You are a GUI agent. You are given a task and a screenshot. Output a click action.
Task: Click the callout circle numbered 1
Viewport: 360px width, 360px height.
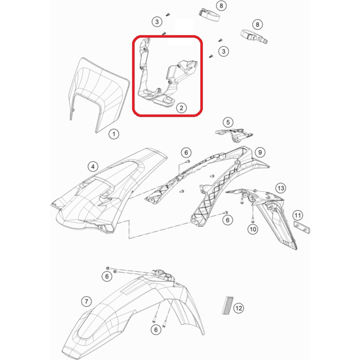click(113, 134)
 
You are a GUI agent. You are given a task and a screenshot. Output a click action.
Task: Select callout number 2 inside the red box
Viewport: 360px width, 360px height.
click(181, 107)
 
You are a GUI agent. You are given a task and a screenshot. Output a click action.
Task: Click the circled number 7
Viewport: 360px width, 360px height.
click(86, 300)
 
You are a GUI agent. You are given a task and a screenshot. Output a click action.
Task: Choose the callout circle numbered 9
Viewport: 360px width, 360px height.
click(260, 152)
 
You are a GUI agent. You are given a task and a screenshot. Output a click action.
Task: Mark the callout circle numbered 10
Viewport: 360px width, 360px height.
click(252, 229)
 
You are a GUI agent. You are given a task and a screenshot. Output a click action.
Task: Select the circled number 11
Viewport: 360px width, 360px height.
click(298, 215)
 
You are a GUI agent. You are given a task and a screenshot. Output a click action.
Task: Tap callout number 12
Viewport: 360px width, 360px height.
click(238, 308)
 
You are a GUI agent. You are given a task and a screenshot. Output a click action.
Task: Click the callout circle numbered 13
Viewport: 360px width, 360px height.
click(280, 188)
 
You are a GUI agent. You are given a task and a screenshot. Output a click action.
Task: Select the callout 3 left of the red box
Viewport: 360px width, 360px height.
click(157, 22)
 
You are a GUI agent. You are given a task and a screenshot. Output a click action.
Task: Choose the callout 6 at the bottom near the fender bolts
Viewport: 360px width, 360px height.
click(156, 329)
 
